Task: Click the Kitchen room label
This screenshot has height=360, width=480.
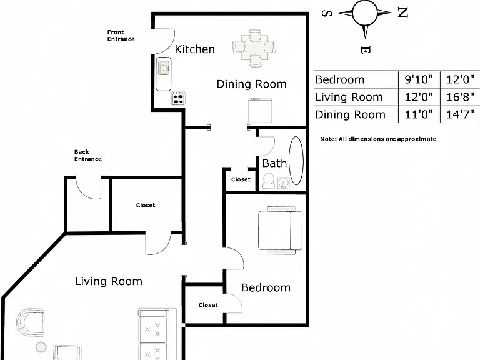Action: click(x=195, y=49)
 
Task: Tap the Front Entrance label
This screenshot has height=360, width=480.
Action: click(x=121, y=36)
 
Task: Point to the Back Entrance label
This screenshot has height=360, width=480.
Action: click(x=88, y=155)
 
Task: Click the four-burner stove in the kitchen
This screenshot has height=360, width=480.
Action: click(x=178, y=98)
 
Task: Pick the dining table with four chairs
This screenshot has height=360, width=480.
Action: click(x=254, y=48)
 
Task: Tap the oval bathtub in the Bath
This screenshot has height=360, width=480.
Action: click(x=296, y=161)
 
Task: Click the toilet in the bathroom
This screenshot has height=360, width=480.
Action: click(x=269, y=181)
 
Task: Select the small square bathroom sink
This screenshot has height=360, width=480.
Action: click(x=284, y=182)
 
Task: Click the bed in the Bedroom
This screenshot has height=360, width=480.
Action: click(x=280, y=230)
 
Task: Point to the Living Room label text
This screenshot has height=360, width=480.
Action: click(x=109, y=281)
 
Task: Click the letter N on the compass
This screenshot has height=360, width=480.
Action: click(x=403, y=12)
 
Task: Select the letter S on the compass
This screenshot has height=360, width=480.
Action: click(x=327, y=14)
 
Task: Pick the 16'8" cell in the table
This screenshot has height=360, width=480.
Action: click(x=460, y=97)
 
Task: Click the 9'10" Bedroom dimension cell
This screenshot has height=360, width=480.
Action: click(x=419, y=79)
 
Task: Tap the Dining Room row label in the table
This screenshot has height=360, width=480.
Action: click(x=350, y=114)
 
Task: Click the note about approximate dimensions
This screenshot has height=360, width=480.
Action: click(x=378, y=139)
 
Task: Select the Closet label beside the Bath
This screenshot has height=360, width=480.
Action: click(x=241, y=179)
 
